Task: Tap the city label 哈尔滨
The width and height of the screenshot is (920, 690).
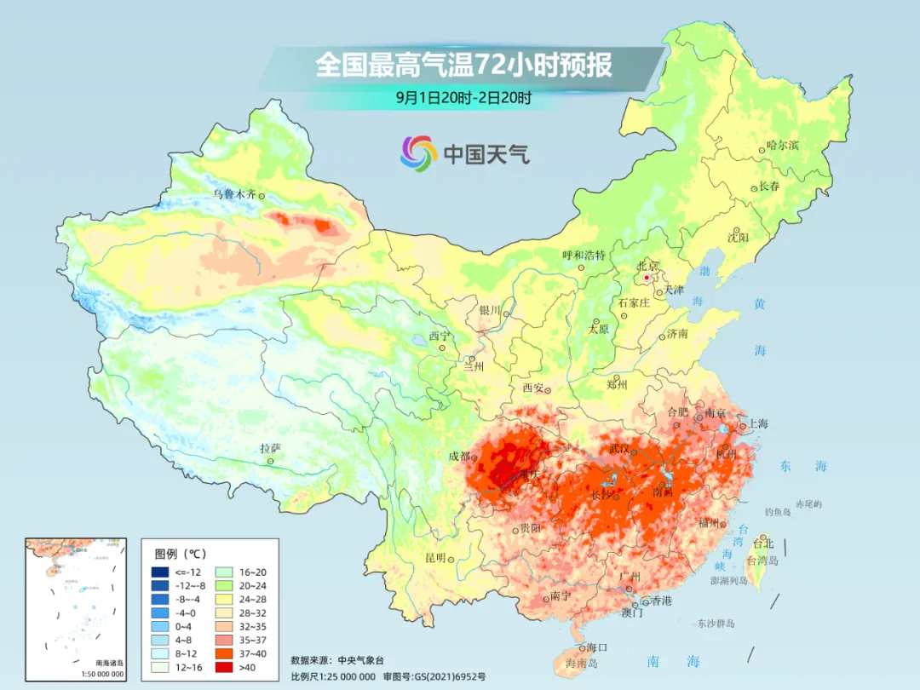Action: pyautogui.click(x=782, y=146)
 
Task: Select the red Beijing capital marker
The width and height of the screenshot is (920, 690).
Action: pyautogui.click(x=647, y=278)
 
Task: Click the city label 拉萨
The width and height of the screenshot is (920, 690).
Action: pyautogui.click(x=270, y=448)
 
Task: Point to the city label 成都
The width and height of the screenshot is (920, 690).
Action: pyautogui.click(x=459, y=456)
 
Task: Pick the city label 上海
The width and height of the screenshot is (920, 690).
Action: pyautogui.click(x=757, y=424)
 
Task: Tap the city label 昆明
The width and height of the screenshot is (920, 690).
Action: pyautogui.click(x=434, y=558)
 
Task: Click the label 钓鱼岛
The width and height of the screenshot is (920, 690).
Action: pyautogui.click(x=778, y=512)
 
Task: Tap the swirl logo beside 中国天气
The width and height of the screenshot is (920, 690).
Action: pyautogui.click(x=418, y=153)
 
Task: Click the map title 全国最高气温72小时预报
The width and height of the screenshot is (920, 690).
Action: pyautogui.click(x=464, y=66)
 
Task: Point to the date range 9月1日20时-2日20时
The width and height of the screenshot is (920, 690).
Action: pyautogui.click(x=464, y=97)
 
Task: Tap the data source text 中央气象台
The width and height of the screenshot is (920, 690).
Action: pyautogui.click(x=361, y=659)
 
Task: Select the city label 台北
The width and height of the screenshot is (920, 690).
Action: pyautogui.click(x=762, y=543)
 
